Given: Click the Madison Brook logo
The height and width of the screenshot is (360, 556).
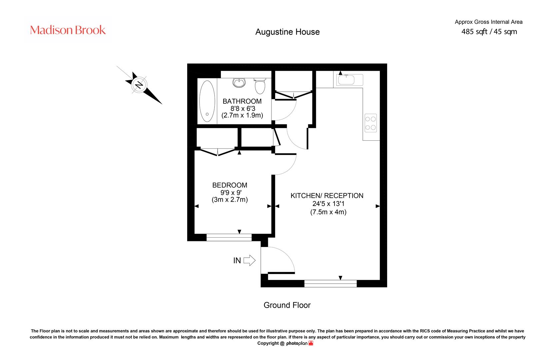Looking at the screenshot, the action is click(68, 30).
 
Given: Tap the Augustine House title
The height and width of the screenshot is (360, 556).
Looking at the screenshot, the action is click(287, 32).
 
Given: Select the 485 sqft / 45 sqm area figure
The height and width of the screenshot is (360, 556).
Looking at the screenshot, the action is click(489, 32).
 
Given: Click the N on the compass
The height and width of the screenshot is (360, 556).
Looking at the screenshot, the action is click(139, 85).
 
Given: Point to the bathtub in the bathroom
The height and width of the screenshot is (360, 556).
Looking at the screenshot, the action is click(207, 101).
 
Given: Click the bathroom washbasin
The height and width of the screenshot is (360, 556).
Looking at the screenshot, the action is click(239, 83).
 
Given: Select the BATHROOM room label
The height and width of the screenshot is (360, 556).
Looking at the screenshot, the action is click(242, 101).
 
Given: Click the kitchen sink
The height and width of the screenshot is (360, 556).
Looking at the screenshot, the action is click(349, 80).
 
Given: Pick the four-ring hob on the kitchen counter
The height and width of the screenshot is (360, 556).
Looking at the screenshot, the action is click(370, 123).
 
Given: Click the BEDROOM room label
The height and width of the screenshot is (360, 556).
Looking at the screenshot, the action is click(230, 185).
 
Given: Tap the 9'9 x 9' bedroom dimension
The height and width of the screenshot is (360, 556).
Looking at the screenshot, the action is click(231, 192).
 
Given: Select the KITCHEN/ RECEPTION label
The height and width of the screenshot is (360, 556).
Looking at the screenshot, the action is click(327, 196).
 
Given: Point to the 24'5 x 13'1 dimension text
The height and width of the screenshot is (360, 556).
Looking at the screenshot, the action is click(328, 204).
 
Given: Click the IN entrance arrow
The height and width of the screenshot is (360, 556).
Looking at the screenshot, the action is click(250, 260).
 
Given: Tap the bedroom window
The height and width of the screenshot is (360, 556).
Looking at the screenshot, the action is click(229, 238).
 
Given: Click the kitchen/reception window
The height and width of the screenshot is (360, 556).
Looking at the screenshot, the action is click(330, 283).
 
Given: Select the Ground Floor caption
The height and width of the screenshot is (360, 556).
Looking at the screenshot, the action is click(287, 305).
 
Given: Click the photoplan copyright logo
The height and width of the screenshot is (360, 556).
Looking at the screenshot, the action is click(299, 343).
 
